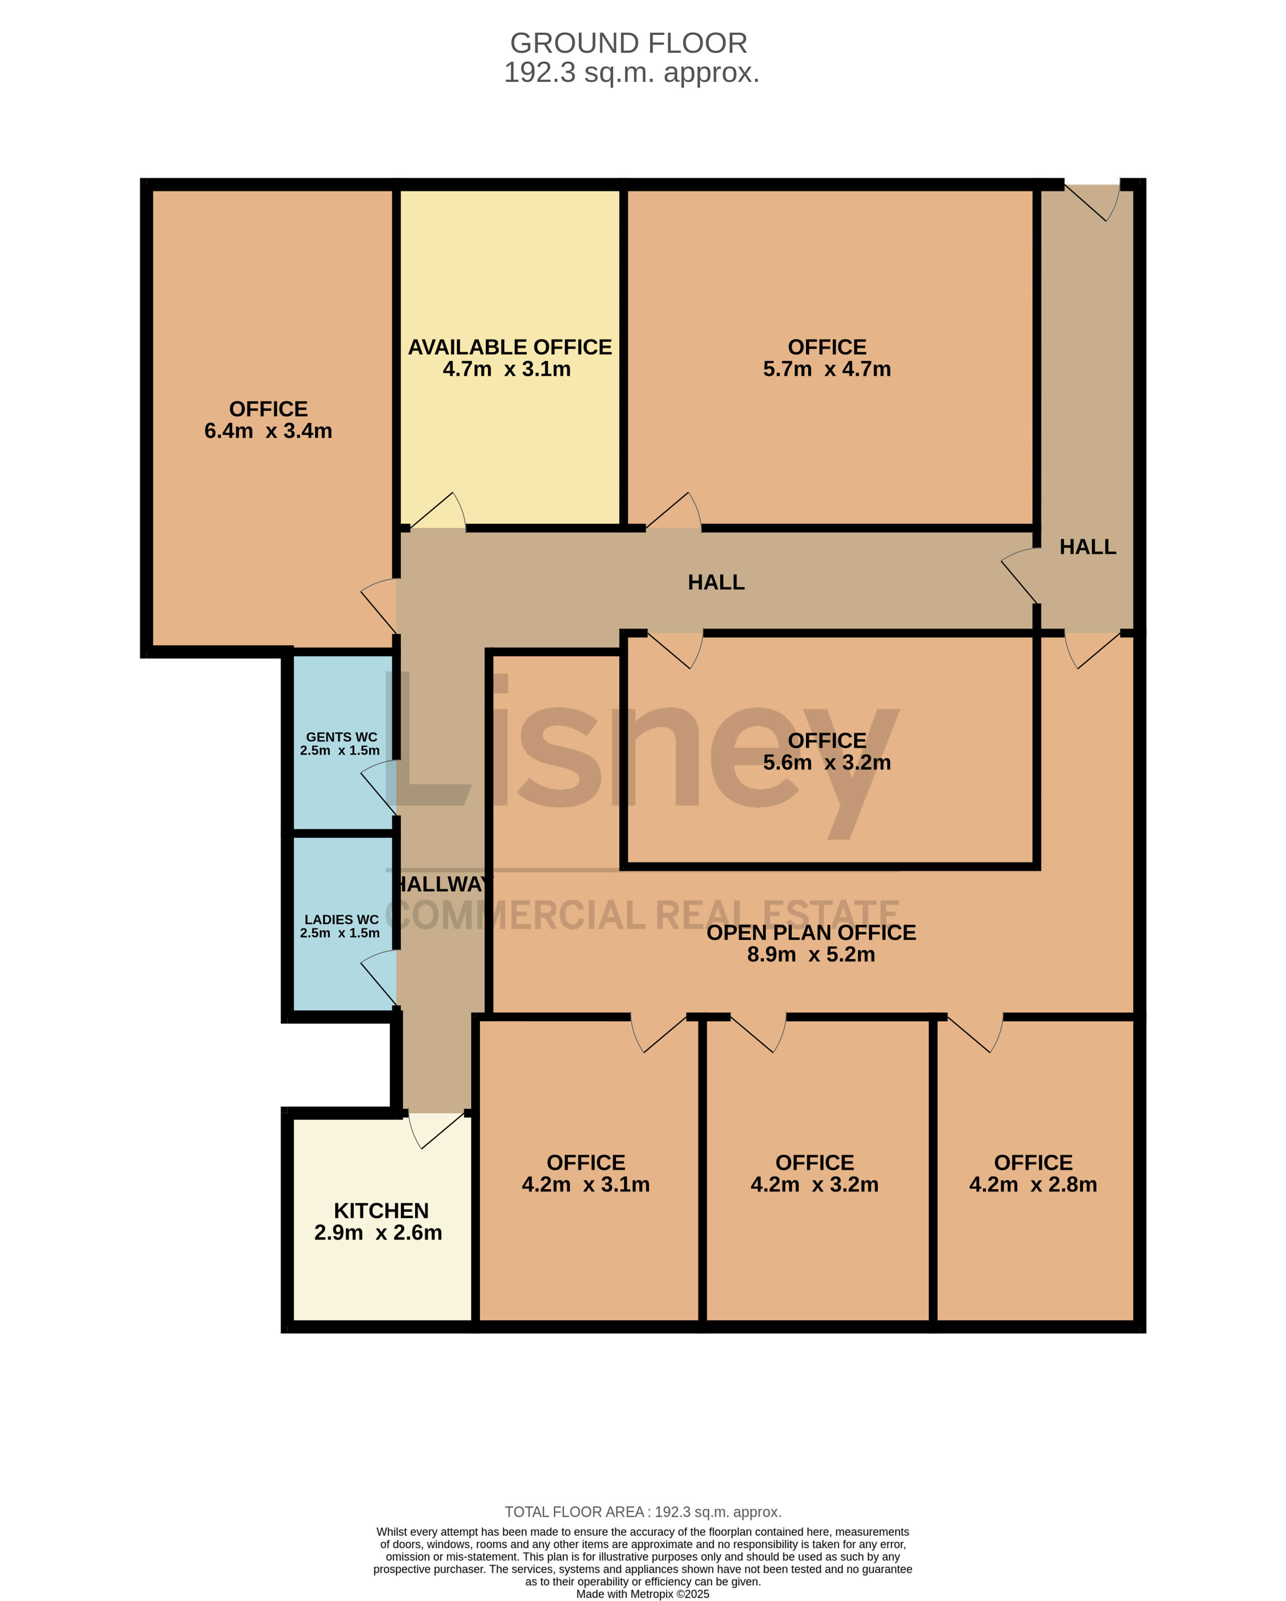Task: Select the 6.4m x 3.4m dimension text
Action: (x=268, y=431)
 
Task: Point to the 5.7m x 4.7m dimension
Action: (x=827, y=369)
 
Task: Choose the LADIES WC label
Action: (x=342, y=920)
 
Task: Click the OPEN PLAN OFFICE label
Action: (x=811, y=932)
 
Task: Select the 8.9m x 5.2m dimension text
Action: (x=811, y=954)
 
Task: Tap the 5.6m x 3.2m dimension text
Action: (x=827, y=762)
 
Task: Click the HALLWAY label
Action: (x=442, y=884)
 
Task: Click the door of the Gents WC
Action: (x=379, y=787)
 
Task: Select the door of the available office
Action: (x=437, y=511)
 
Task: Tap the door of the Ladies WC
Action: (x=379, y=979)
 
